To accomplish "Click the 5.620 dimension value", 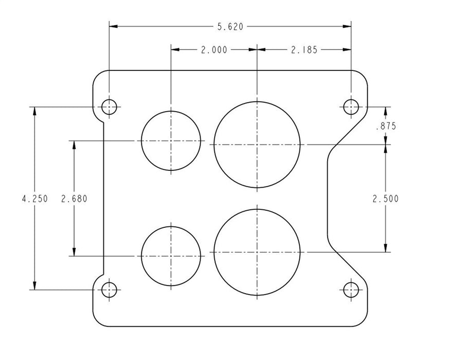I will coord(230,25).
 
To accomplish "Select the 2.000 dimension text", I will coord(213,50).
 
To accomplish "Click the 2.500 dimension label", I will coord(385,199).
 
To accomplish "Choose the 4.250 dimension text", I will coord(34,199).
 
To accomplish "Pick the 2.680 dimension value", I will coord(74,199).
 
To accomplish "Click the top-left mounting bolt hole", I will coord(109,107).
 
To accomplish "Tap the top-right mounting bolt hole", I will coord(351,107).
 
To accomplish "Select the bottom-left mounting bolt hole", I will coord(109,290).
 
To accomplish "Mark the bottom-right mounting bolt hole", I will coord(351,290).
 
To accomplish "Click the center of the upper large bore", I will coord(257,145).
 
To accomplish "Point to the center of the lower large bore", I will coord(257,252).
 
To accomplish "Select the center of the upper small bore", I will coord(171,140).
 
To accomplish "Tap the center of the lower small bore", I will coord(171,255).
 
